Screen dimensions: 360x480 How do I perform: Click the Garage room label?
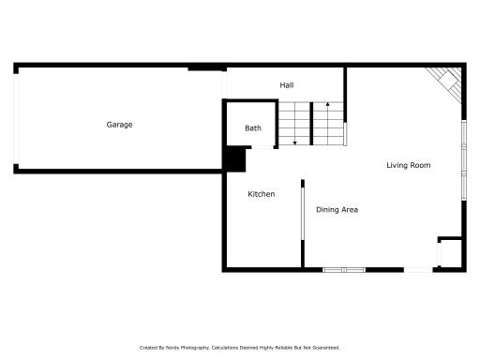119,125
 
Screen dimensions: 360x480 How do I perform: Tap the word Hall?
287,85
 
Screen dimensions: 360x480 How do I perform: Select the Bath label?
253,127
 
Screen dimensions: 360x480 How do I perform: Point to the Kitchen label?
261,194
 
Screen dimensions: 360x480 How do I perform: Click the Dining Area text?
337,209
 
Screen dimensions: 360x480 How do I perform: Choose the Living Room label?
408,166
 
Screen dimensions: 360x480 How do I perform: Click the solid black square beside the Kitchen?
233,158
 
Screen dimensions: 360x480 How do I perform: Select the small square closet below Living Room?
450,254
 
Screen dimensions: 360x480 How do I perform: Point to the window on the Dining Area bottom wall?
343,270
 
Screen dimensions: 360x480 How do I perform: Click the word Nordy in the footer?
172,348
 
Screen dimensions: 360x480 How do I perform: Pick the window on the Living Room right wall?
465,157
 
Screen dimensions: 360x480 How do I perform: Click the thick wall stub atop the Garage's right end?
205,67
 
